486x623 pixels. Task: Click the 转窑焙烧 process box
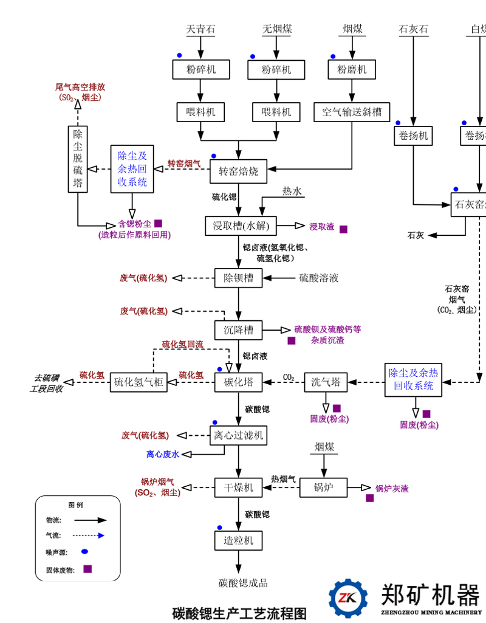coord(238,171)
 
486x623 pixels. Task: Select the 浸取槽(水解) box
coord(241,226)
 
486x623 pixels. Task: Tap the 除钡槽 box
coord(238,278)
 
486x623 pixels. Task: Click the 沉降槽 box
coord(238,331)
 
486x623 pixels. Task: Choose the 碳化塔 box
coord(238,382)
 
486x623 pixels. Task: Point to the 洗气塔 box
coord(325,382)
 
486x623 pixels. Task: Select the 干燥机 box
coord(238,487)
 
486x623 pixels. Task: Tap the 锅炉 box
coord(323,487)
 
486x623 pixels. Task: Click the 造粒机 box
coord(238,540)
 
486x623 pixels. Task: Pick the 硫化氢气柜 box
coord(139,382)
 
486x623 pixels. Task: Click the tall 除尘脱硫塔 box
coord(78,159)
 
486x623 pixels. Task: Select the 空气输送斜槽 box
coord(352,112)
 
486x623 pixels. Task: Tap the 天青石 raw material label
coord(200,29)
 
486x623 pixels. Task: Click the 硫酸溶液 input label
coord(319,278)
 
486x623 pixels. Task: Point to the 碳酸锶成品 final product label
coord(243,583)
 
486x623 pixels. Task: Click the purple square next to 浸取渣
coord(343,229)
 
